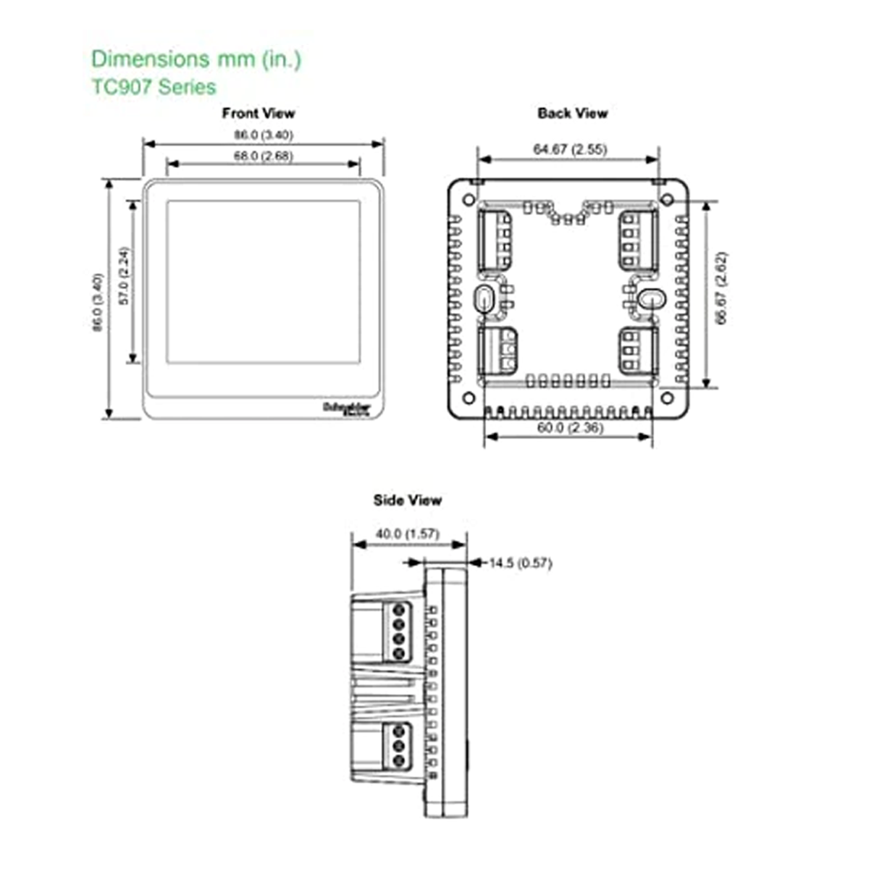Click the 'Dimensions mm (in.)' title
pos(196,59)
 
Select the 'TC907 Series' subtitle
pos(154,87)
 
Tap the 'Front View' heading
pos(259,113)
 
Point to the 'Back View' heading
pos(572,113)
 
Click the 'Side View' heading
pos(407,500)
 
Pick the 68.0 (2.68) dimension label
pos(263,156)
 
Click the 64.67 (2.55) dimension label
pos(570,149)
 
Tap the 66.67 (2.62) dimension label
pos(720,288)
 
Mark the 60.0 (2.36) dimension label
pos(570,427)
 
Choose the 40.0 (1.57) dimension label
pos(407,534)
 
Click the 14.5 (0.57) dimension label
pos(520,563)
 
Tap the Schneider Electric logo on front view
pos(346,408)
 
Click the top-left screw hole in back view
pos(469,199)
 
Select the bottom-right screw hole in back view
pos(667,398)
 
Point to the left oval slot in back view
pos(484,298)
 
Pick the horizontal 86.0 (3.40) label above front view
pos(263,135)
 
